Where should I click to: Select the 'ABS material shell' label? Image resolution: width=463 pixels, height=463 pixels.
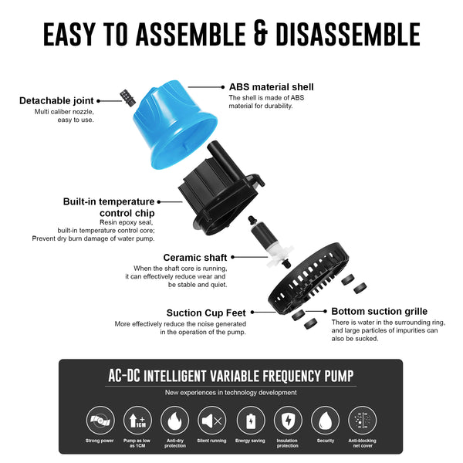[271, 87]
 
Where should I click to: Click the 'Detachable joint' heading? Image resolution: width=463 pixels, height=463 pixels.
[56, 101]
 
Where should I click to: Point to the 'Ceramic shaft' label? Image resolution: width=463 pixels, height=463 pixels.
[194, 257]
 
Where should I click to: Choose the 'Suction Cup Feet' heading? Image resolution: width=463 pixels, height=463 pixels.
[206, 313]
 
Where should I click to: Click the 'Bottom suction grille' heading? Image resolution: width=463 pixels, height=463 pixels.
[379, 312]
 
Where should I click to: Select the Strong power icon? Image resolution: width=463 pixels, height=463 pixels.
[98, 421]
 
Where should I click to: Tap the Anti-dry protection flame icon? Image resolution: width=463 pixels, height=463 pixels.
[174, 421]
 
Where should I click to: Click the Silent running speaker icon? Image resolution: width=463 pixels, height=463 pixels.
[211, 421]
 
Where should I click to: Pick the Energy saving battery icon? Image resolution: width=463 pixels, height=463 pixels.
[249, 421]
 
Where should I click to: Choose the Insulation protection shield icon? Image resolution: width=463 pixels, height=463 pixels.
[287, 421]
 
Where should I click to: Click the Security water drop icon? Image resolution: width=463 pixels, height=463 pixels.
[325, 421]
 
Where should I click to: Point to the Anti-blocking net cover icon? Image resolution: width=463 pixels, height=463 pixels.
[363, 421]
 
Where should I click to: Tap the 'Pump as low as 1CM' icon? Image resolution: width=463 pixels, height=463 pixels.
[136, 421]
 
